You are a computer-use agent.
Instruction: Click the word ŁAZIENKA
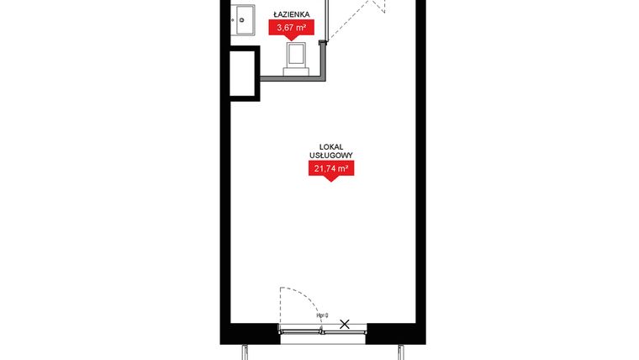290,14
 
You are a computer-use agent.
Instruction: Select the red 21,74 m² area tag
330,169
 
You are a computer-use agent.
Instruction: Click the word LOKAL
330,146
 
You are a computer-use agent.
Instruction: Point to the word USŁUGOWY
330,156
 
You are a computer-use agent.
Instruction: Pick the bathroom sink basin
245,19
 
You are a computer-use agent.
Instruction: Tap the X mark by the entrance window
345,324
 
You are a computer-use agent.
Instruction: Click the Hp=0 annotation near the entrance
322,315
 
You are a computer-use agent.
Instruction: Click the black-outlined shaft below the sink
244,74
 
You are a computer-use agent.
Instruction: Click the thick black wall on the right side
420,168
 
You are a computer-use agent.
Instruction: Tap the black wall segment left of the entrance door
251,334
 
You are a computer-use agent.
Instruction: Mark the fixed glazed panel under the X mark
345,332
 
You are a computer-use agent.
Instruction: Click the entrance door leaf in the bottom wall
301,332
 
